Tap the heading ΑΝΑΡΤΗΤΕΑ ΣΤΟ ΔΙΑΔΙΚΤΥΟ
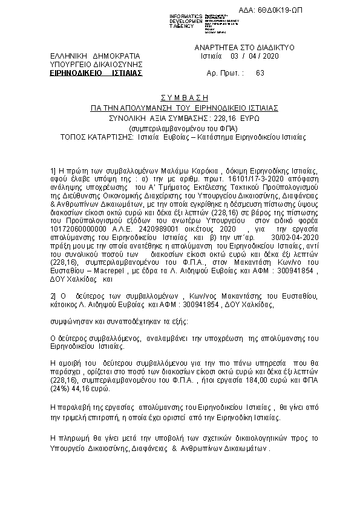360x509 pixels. pos(244,47)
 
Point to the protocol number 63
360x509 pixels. pos(260,73)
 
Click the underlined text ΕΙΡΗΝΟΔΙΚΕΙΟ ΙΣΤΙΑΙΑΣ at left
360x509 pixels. pos(97,73)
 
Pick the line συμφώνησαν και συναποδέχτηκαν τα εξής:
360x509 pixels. pos(118,319)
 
